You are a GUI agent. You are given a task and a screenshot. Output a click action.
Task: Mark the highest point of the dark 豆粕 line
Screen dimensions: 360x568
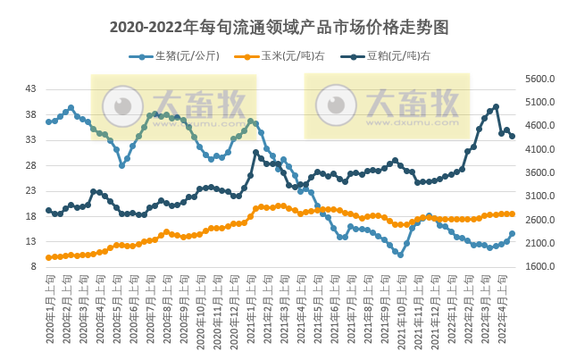click(x=496, y=107)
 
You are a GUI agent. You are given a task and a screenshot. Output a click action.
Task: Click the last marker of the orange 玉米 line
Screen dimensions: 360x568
click(x=512, y=213)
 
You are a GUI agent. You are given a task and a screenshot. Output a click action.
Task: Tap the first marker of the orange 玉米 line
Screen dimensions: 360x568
click(x=48, y=258)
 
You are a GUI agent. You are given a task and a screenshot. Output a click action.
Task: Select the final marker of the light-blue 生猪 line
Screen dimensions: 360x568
click(x=512, y=234)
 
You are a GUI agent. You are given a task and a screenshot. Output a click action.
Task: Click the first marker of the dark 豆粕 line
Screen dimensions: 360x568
click(x=48, y=211)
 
